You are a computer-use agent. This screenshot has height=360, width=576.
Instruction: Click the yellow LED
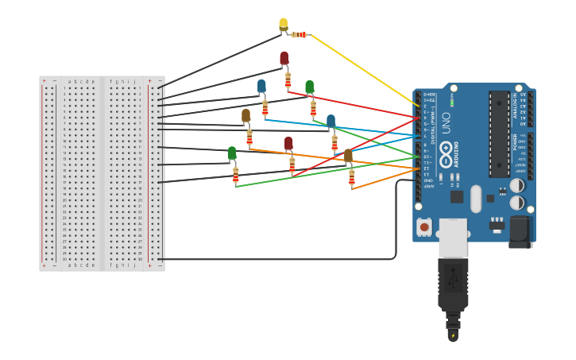(x=284, y=25)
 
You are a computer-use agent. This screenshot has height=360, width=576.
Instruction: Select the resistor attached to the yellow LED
(x=300, y=35)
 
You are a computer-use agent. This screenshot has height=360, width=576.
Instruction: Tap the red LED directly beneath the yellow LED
(x=284, y=59)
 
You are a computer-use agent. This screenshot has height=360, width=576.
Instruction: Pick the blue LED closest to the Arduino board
(x=331, y=122)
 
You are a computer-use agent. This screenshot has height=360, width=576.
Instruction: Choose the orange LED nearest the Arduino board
(x=348, y=155)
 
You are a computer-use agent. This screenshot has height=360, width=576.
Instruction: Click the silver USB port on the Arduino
(x=454, y=238)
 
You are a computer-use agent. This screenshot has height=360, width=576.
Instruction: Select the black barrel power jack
(x=520, y=230)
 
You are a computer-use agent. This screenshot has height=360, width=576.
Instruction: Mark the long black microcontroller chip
(x=499, y=134)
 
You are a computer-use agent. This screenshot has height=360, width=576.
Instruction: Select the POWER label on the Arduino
(x=515, y=142)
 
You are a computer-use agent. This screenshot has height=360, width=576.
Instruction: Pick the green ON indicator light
(x=452, y=103)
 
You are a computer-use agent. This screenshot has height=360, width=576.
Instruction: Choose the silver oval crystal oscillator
(x=476, y=199)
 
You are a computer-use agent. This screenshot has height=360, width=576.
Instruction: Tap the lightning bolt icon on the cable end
(x=453, y=335)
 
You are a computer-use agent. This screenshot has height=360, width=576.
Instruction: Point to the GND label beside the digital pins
(x=429, y=180)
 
